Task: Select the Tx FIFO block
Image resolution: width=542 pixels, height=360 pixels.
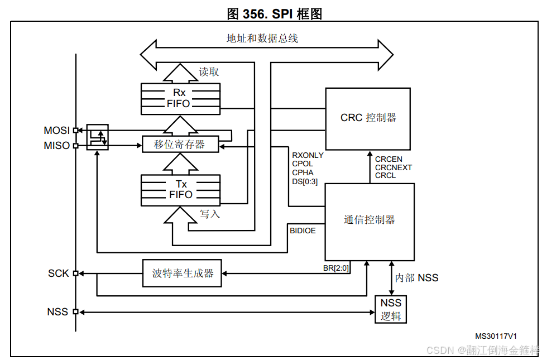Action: (180, 190)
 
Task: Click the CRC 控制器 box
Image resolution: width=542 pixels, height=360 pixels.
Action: (368, 118)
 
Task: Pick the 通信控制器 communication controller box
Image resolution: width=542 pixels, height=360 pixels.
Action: (369, 220)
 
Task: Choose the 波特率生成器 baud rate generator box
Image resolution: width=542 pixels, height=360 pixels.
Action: (183, 273)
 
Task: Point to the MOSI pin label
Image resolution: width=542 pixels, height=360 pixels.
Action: (56, 131)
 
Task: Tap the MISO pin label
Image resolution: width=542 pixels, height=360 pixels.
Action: (56, 146)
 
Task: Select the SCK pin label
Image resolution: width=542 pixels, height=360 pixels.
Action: (58, 273)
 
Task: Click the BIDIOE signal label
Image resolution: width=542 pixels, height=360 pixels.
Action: (303, 229)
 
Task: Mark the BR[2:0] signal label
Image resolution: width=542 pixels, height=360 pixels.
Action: (336, 268)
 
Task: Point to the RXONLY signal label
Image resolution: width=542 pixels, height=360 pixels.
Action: (307, 155)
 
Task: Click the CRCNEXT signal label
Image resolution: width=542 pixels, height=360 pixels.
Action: (393, 167)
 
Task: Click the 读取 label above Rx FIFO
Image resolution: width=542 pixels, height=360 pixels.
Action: (209, 72)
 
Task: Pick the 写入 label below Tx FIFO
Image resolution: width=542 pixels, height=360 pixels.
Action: (209, 214)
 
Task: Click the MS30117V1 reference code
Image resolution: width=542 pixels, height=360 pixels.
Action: (496, 336)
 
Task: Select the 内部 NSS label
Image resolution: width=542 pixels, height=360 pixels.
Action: (416, 278)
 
